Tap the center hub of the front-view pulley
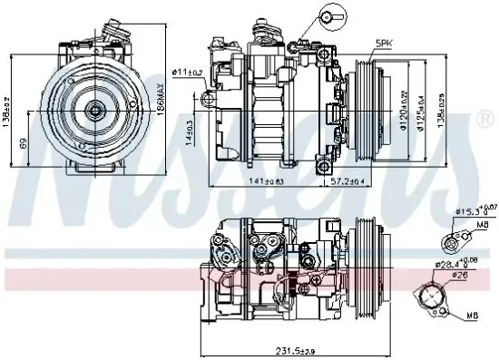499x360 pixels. (x=95, y=110)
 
